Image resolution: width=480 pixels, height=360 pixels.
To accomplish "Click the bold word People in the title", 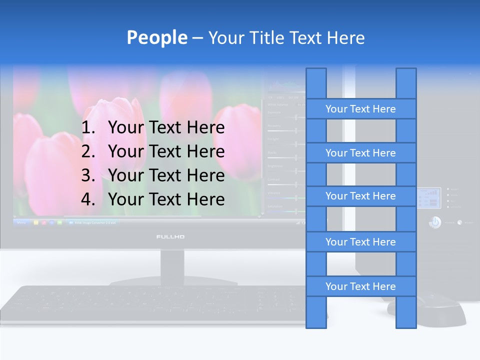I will coord(156,37).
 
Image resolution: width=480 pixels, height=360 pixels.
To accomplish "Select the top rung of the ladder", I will coord(360,109).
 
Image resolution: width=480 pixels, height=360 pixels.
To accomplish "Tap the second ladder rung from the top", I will coord(360,153).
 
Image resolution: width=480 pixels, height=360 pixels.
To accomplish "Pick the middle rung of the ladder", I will coord(360,196).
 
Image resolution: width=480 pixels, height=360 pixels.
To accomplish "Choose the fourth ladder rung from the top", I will coord(360,242).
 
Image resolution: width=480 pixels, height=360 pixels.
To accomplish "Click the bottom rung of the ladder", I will coord(360,286).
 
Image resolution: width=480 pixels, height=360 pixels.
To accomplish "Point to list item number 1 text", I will coord(166,128).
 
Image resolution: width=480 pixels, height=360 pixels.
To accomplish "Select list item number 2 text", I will coord(166,151).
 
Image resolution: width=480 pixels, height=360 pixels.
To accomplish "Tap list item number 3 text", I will coord(166,175).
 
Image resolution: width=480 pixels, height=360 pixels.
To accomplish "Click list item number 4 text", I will coord(166,199).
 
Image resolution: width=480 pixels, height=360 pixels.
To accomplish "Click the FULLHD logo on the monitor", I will coord(170,236).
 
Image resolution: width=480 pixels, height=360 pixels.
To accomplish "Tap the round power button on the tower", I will coord(435,222).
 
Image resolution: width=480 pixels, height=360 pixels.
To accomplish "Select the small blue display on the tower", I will coord(428,198).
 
